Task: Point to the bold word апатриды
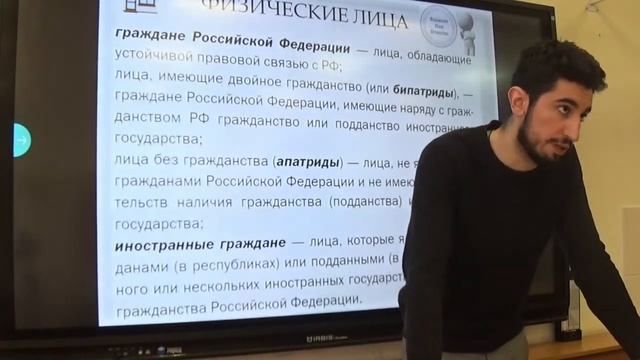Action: tap(307, 162)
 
